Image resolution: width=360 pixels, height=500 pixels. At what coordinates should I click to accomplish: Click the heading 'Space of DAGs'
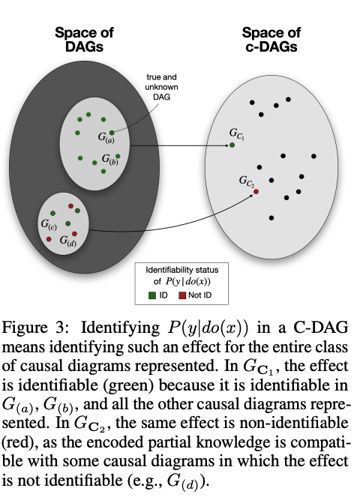(x=84, y=40)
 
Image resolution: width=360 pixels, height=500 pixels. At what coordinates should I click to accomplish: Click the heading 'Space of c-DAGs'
(x=271, y=40)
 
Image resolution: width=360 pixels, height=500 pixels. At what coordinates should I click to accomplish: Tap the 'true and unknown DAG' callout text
(x=161, y=87)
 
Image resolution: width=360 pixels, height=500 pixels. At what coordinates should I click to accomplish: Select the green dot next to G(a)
(x=112, y=133)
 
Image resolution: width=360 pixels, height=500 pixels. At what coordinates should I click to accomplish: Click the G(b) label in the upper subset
(x=109, y=159)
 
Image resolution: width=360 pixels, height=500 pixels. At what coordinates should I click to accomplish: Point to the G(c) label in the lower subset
(x=49, y=224)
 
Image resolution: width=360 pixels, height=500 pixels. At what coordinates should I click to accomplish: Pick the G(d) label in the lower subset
(x=68, y=241)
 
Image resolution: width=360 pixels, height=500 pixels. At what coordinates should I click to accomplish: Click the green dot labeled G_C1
(x=232, y=145)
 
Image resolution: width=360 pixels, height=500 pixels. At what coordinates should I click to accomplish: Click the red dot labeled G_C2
(x=256, y=192)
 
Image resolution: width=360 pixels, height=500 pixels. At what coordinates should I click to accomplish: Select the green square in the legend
(x=152, y=295)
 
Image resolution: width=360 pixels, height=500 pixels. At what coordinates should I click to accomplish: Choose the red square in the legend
(x=182, y=295)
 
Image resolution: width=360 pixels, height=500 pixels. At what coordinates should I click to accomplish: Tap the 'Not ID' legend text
(x=199, y=295)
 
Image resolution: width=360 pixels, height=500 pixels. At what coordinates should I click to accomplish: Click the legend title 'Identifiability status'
(x=182, y=270)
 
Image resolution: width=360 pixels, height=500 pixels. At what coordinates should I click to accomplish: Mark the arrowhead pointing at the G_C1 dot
(x=227, y=145)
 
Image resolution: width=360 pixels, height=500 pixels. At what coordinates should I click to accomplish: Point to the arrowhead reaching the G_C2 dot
(x=251, y=195)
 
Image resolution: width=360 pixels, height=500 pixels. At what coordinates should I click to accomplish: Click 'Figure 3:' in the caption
(x=35, y=328)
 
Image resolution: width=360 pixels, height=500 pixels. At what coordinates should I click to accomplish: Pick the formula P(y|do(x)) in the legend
(x=188, y=282)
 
